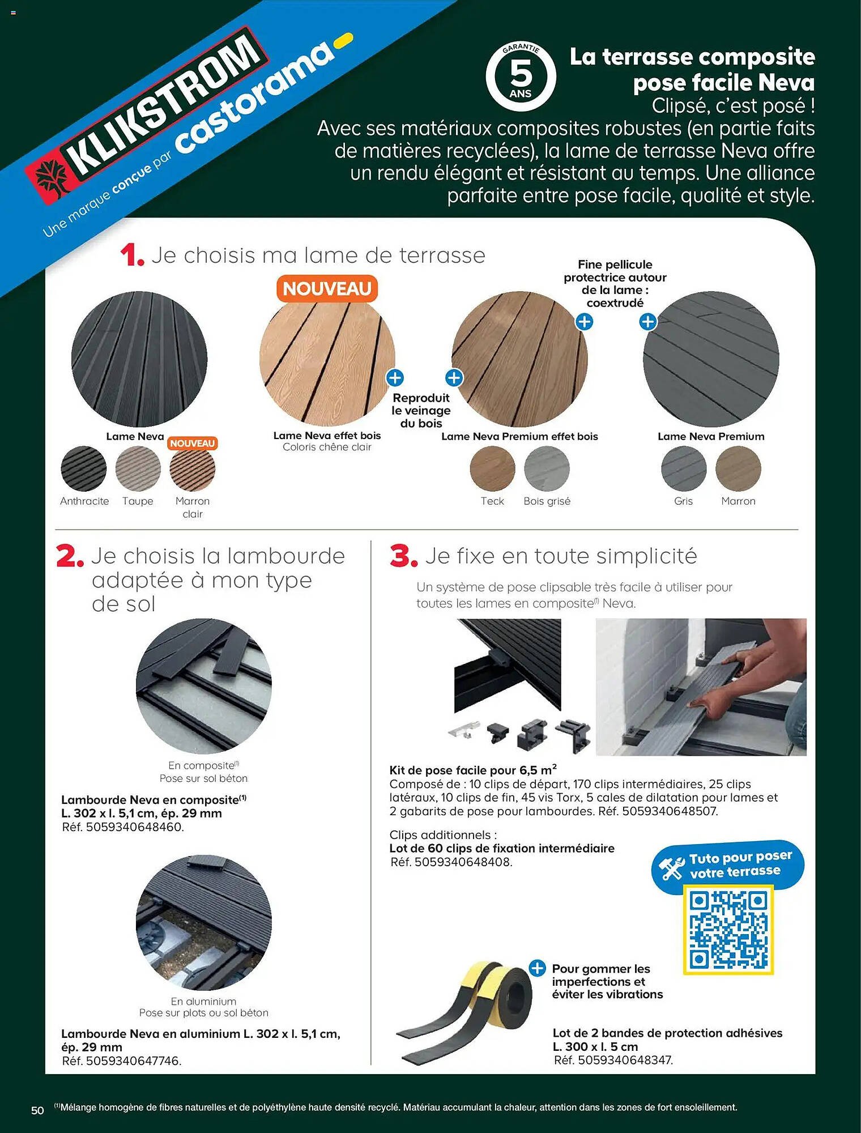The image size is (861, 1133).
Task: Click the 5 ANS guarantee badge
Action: coord(521,76)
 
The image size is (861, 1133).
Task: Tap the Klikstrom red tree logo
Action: coord(52,177)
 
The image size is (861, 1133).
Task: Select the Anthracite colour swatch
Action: coord(84,468)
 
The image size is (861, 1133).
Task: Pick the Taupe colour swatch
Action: coord(138,468)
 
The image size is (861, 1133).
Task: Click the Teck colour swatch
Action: coord(492,468)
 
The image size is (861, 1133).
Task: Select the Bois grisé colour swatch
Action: coord(547,468)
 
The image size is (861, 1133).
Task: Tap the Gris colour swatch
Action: coord(684,468)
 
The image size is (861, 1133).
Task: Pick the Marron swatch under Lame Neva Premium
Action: coord(738,468)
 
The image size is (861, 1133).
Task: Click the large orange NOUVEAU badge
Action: coord(327,289)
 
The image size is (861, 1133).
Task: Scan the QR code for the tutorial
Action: coord(728,930)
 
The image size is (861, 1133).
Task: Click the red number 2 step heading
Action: coord(70,556)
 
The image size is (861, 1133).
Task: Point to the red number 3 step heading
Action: coord(403,556)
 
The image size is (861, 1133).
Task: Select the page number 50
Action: coord(37,1110)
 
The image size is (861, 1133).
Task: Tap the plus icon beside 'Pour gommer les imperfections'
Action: coord(537,968)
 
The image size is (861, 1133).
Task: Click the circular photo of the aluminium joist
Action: coord(204,922)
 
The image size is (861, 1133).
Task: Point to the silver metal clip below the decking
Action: coord(464,729)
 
